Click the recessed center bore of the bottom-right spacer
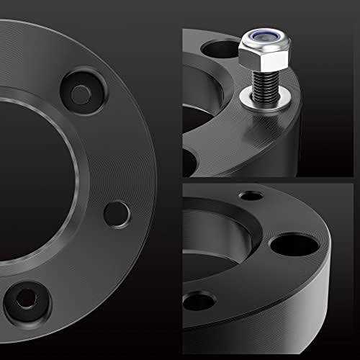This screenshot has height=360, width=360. pos(216,245)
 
